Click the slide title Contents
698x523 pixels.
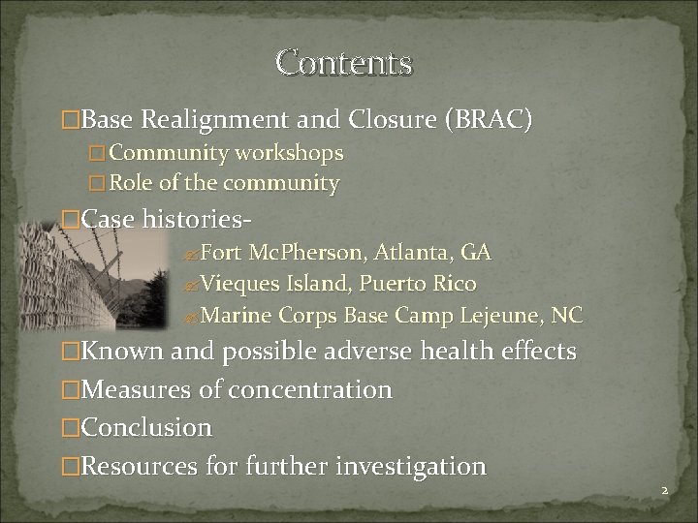pos(344,62)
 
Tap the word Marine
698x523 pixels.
pos(238,316)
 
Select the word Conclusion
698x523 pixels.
pos(146,427)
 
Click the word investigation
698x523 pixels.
pos(410,466)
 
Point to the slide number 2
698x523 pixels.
pos(665,491)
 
